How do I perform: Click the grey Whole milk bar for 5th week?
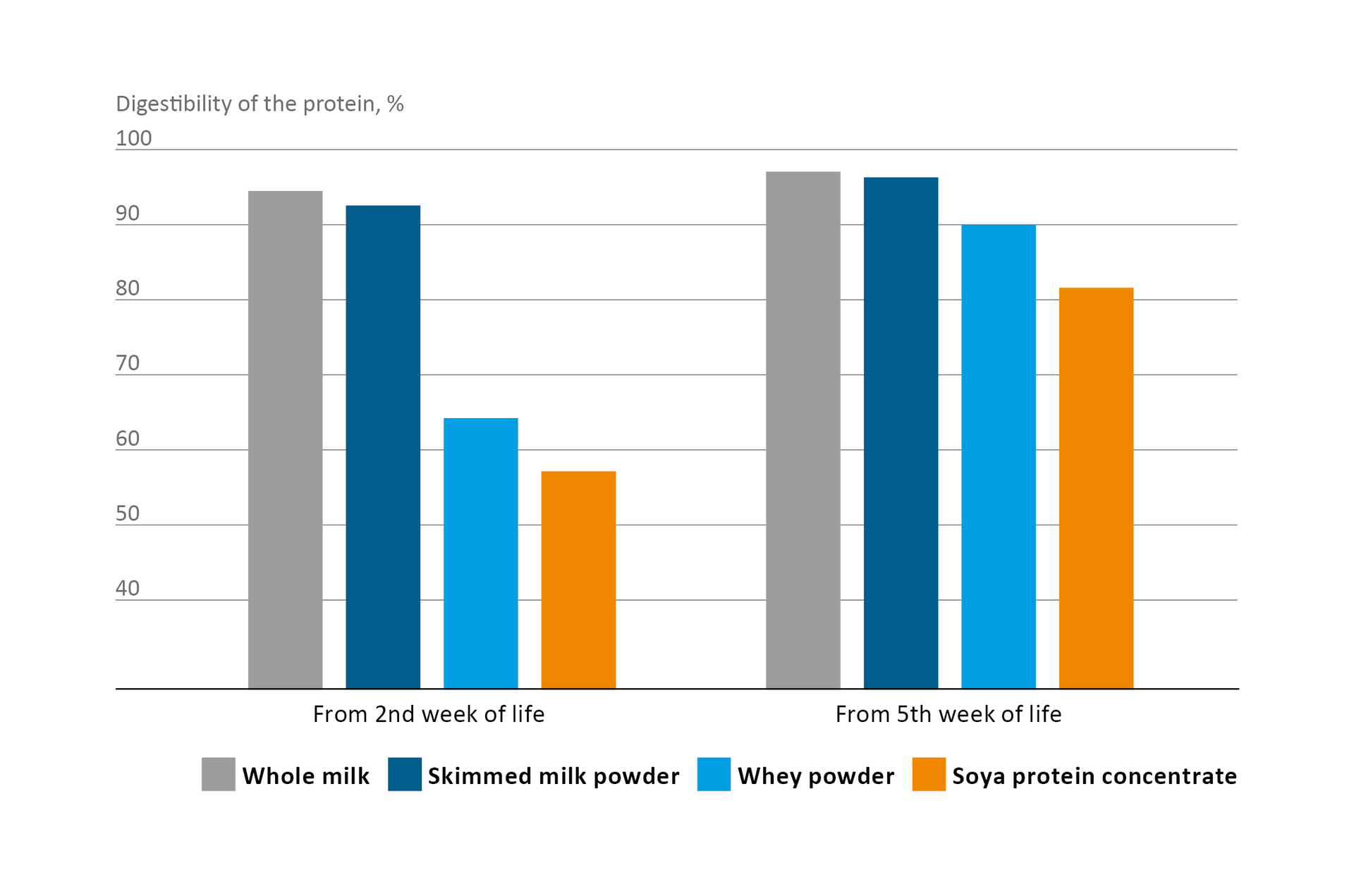803,429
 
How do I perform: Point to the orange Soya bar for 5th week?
1096,487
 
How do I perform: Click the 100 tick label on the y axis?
133,138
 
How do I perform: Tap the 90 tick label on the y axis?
128,213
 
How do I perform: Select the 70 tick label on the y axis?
128,363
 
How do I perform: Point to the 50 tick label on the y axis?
128,513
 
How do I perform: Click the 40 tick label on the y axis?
128,588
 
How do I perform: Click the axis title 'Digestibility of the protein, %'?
260,104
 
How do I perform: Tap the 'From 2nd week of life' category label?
429,714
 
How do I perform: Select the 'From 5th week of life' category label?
948,714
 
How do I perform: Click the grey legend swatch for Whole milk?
218,774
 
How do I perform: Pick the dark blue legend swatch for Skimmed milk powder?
405,774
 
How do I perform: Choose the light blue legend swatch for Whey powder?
714,774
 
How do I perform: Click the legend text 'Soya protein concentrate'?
1094,776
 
